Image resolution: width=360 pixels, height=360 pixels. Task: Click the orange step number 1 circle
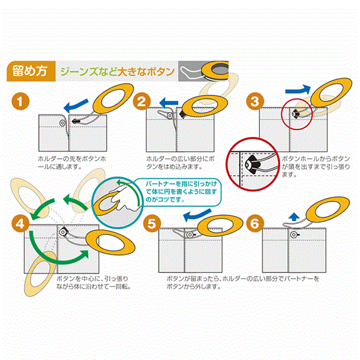pos(20,101)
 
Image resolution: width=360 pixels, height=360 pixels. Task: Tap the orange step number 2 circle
pos(142,101)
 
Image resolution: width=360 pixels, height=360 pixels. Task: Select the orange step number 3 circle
pos(255,101)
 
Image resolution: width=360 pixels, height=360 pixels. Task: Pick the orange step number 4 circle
pos(20,223)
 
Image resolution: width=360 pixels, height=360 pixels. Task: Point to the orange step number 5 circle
pos(152,223)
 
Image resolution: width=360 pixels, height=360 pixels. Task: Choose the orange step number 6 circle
pos(255,223)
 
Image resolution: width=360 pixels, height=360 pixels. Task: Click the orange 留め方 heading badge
pos(31,71)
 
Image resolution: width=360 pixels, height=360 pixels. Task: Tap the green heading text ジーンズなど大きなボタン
pos(118,71)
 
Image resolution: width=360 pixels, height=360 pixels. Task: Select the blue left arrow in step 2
pos(169,103)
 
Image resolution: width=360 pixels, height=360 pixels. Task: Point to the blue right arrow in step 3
pos(298,90)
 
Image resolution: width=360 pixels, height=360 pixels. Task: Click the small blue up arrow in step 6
pos(294,217)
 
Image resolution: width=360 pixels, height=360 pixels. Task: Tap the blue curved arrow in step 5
pos(197,215)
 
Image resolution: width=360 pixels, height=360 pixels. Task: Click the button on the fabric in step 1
pos(62,123)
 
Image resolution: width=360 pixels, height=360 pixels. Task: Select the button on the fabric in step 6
pos(293,235)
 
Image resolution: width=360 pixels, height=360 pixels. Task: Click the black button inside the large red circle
pos(252,164)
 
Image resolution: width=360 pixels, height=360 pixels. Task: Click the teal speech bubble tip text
pos(181,192)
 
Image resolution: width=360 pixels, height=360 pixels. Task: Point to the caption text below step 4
pos(94,283)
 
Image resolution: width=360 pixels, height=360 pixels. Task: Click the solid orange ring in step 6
pos(328,209)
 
